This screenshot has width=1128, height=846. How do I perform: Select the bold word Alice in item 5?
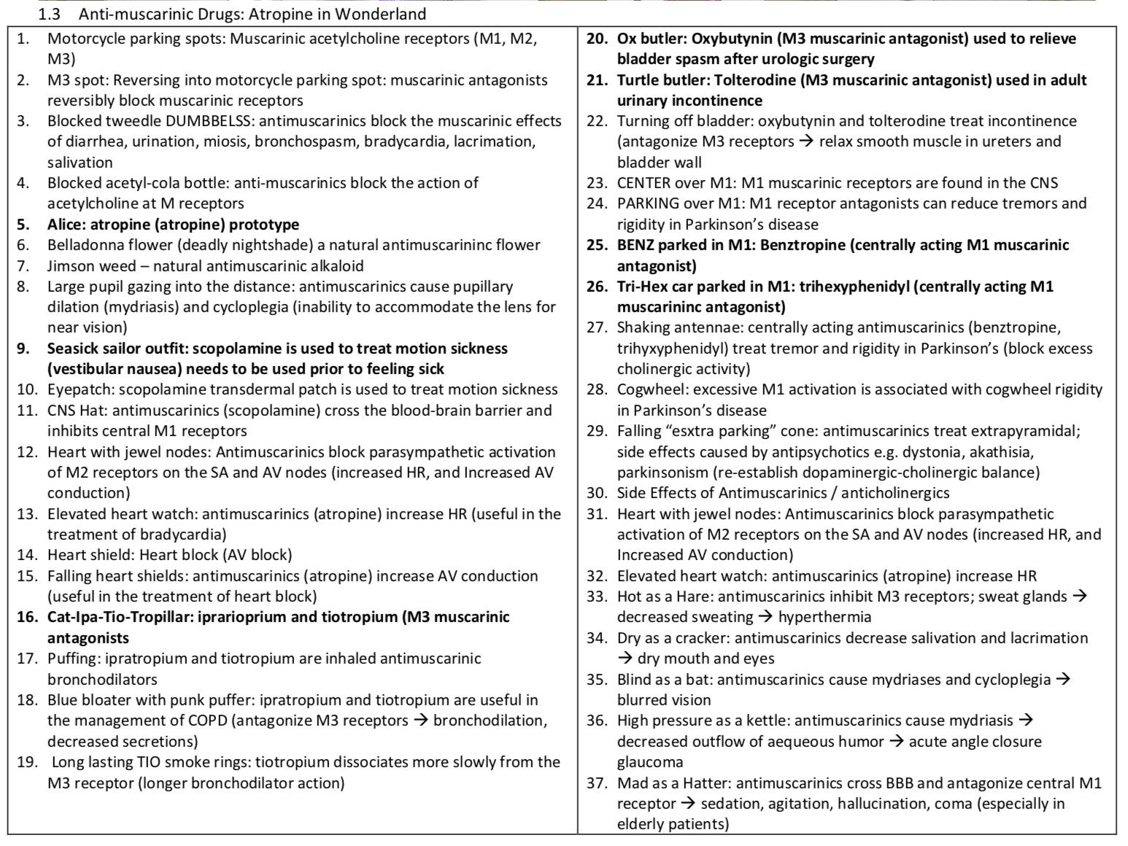pyautogui.click(x=63, y=224)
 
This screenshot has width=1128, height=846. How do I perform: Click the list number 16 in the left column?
pyautogui.click(x=27, y=617)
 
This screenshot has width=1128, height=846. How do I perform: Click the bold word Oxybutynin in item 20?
pyautogui.click(x=735, y=39)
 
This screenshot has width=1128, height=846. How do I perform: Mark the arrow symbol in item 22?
pyautogui.click(x=806, y=141)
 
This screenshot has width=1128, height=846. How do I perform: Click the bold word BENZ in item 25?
pyautogui.click(x=638, y=245)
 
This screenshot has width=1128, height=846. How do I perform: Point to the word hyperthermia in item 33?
pyautogui.click(x=824, y=617)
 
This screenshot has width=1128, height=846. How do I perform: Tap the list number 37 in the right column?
pyautogui.click(x=597, y=783)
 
